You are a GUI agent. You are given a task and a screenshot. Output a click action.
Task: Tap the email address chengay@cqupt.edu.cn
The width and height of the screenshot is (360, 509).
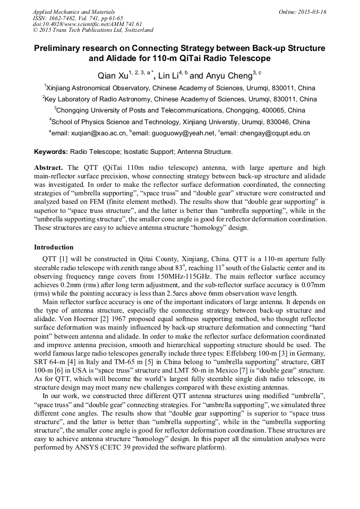tap(278, 134)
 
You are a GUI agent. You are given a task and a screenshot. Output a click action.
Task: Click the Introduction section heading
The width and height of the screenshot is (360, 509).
tap(54, 247)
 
